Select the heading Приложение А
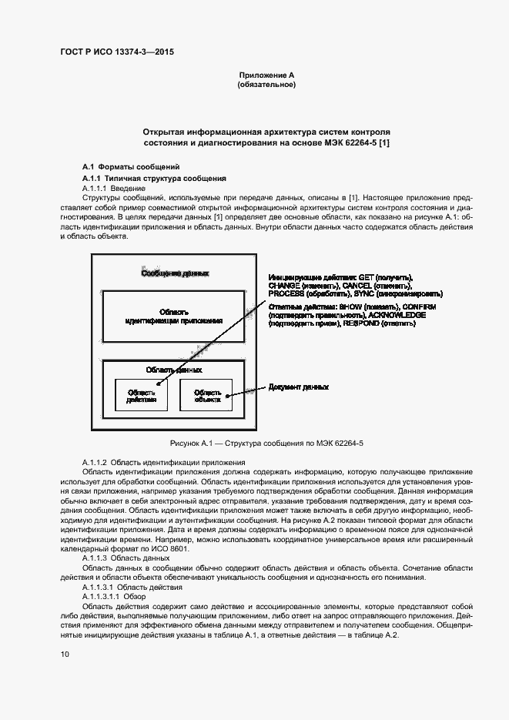[266, 75]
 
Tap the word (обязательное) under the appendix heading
[266, 85]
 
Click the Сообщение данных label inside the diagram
[173, 273]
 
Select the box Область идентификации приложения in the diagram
[173, 316]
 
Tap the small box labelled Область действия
[141, 396]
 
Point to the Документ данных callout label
[298, 387]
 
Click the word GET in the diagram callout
[366, 276]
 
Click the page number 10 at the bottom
[65, 655]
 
